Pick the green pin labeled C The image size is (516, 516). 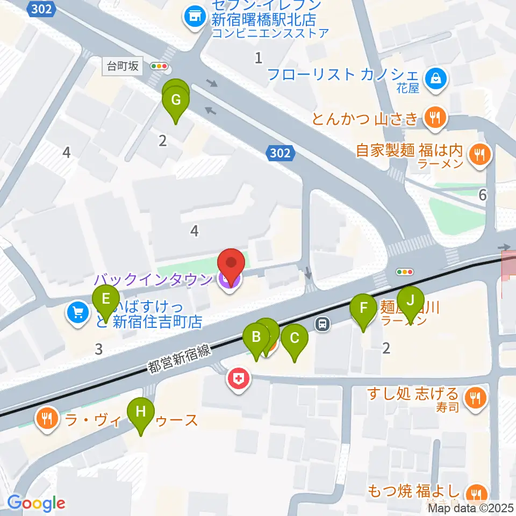[x=295, y=340]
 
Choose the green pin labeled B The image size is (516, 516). [x=256, y=339]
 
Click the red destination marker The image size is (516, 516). [x=231, y=266]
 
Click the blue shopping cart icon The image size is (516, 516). [x=78, y=312]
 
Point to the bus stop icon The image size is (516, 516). [x=322, y=324]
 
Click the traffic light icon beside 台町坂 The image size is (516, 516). [x=160, y=67]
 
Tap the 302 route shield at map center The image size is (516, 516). [x=281, y=154]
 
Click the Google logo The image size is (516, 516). [x=36, y=503]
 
